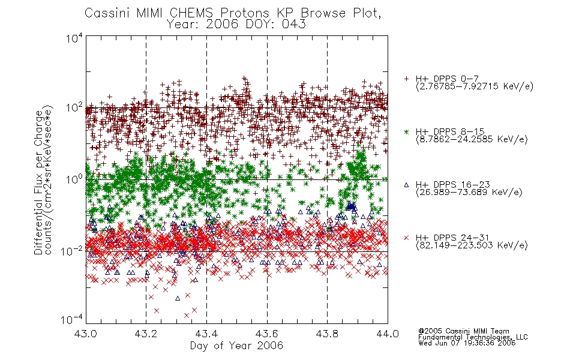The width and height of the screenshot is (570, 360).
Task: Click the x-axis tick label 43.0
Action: (x=85, y=334)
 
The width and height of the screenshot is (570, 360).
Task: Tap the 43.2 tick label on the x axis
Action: (x=146, y=334)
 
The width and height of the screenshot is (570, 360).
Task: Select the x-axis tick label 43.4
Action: (x=206, y=334)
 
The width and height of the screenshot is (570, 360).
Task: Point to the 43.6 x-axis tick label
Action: (x=267, y=334)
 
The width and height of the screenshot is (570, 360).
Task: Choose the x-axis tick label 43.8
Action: (x=327, y=334)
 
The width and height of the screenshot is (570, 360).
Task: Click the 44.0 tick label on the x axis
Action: (x=388, y=334)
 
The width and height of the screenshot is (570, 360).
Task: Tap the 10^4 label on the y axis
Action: (x=74, y=38)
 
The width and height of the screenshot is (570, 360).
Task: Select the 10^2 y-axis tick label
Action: (x=74, y=108)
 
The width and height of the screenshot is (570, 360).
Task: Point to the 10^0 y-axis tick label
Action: (x=74, y=179)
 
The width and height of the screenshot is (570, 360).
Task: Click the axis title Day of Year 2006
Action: (x=236, y=346)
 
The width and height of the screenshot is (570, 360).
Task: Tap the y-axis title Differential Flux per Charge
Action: (x=38, y=182)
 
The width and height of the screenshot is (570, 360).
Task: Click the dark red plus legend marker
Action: (x=406, y=79)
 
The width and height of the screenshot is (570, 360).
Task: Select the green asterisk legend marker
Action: (x=406, y=132)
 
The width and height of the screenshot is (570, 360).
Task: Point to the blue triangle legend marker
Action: (x=406, y=185)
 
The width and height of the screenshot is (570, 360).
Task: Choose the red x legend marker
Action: (x=406, y=238)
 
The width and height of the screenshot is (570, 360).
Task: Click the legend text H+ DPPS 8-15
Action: (x=450, y=131)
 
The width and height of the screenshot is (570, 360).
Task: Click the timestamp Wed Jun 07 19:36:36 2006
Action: (x=467, y=343)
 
